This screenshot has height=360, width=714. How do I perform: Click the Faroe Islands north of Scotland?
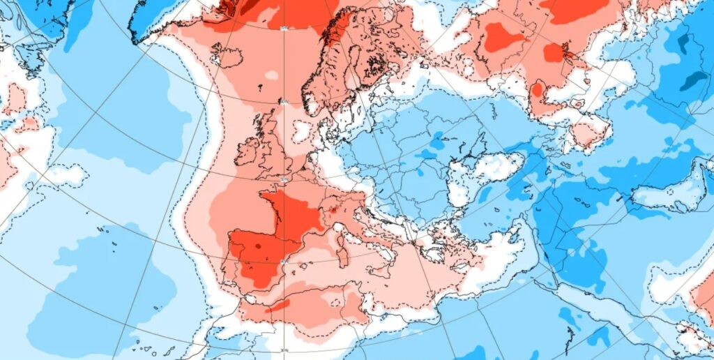click(261, 89)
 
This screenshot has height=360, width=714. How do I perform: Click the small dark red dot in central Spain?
click(259, 246)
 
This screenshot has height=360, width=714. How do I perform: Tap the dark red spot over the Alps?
click(333, 208)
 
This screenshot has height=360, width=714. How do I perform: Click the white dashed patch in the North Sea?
click(301, 130)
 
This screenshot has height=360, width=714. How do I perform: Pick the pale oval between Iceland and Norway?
click(271, 75)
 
